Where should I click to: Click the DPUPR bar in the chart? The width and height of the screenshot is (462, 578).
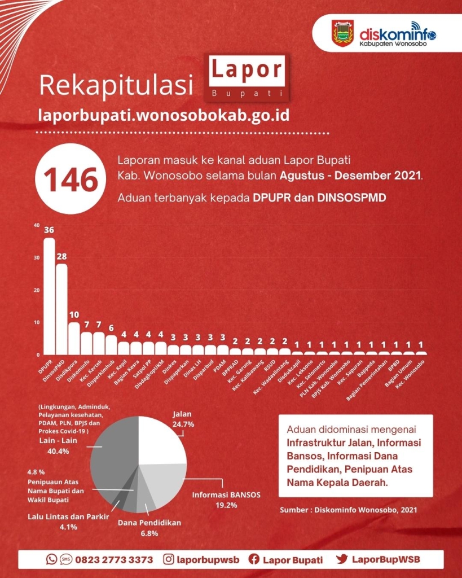coord(50,296)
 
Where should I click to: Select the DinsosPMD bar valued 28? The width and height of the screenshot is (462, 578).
coord(61,309)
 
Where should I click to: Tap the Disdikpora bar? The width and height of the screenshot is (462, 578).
coord(74,339)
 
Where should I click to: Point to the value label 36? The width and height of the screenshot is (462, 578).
coord(49,230)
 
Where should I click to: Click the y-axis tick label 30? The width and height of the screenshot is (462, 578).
coord(37,257)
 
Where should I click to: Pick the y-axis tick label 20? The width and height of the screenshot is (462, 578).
coord(37,290)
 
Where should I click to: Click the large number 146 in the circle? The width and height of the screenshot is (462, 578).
coord(71,180)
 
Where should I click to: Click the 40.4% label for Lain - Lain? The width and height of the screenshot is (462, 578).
coord(58,451)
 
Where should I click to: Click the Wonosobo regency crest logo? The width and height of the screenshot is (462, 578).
coord(342,33)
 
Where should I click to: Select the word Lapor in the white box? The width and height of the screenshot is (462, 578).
coord(247,70)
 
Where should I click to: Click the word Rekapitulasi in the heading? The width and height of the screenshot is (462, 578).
coord(116,85)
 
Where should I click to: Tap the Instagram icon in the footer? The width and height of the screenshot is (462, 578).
coord(168,559)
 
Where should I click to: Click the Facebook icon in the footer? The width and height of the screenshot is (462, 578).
coord(254,559)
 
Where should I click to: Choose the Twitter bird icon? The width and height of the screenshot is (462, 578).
coord(342,559)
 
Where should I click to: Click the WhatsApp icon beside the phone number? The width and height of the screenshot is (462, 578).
coord(51,559)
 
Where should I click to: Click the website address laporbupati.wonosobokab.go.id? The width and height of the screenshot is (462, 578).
coord(164,115)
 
